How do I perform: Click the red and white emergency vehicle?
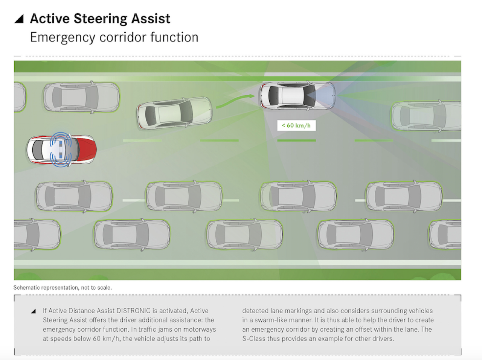pyautogui.click(x=61, y=149)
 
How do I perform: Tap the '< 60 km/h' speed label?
pyautogui.click(x=296, y=125)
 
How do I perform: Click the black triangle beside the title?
pyautogui.click(x=19, y=19)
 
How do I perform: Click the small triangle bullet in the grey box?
pyautogui.click(x=34, y=311)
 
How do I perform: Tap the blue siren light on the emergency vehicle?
pyautogui.click(x=61, y=149)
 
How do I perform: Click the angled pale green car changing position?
pyautogui.click(x=174, y=113)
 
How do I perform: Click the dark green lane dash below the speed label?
pyautogui.click(x=296, y=140)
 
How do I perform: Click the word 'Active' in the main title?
pyautogui.click(x=50, y=19)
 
